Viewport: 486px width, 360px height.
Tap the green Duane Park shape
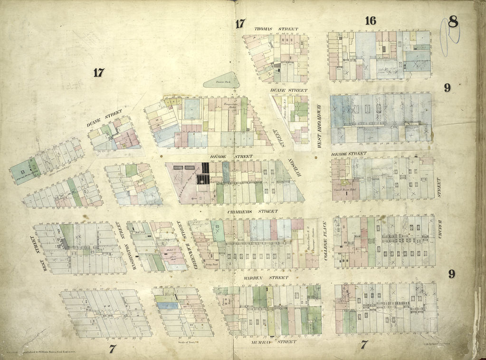pyautogui.click(x=221, y=81)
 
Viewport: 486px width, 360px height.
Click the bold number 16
pyautogui.click(x=371, y=20)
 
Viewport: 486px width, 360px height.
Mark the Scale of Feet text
pyautogui.click(x=181, y=341)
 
